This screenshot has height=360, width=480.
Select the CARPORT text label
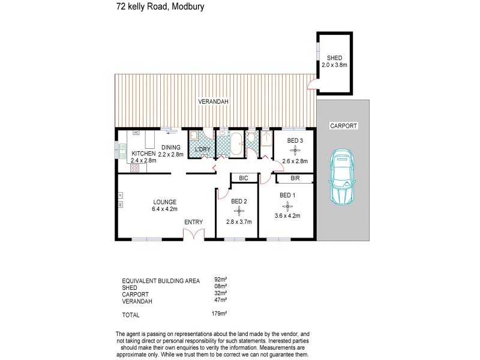pos(343,126)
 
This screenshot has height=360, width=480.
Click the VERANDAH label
pos(214,103)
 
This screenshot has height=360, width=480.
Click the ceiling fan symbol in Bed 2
pos(239,211)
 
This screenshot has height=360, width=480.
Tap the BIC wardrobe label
pos(243,178)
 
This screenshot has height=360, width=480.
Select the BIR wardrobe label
pos(295,178)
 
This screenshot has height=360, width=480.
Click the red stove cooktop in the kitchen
pos(135,169)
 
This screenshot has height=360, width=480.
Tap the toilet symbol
pos(251,139)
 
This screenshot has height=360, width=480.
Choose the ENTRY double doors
pos(193,234)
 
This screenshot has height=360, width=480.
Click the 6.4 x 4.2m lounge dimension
pos(164,209)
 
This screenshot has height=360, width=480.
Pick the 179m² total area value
pos(221,313)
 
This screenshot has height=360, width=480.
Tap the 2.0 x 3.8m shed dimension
pos(334,64)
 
